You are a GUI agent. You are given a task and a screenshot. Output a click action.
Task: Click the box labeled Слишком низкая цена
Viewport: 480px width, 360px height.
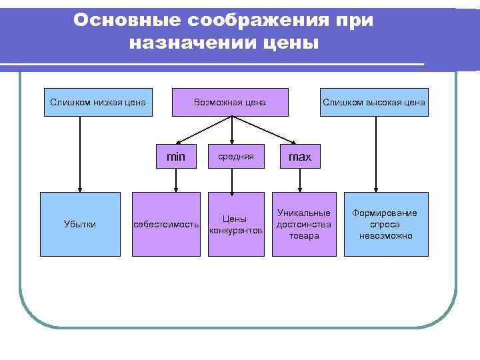pyautogui.click(x=97, y=103)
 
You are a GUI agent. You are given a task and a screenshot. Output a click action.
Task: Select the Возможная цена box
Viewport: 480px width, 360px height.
pyautogui.click(x=231, y=103)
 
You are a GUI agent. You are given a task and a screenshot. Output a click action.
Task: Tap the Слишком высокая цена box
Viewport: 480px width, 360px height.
pyautogui.click(x=374, y=103)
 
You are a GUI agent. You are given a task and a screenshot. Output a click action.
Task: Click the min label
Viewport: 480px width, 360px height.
pyautogui.click(x=176, y=157)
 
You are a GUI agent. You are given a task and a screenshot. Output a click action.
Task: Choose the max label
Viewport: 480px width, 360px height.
pyautogui.click(x=299, y=157)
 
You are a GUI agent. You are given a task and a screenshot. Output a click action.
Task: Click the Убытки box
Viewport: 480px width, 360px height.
pyautogui.click(x=80, y=224)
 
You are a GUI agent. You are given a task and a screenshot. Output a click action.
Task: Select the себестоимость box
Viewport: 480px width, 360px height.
pyautogui.click(x=166, y=224)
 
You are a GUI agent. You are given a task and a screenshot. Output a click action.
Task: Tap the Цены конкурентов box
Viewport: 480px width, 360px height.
pyautogui.click(x=235, y=224)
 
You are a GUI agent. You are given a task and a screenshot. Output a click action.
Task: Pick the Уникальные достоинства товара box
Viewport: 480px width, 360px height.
pyautogui.click(x=303, y=224)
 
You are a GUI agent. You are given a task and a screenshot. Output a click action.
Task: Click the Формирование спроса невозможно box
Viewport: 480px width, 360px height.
pyautogui.click(x=385, y=224)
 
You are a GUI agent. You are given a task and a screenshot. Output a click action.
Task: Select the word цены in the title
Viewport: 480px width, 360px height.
pyautogui.click(x=291, y=44)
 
